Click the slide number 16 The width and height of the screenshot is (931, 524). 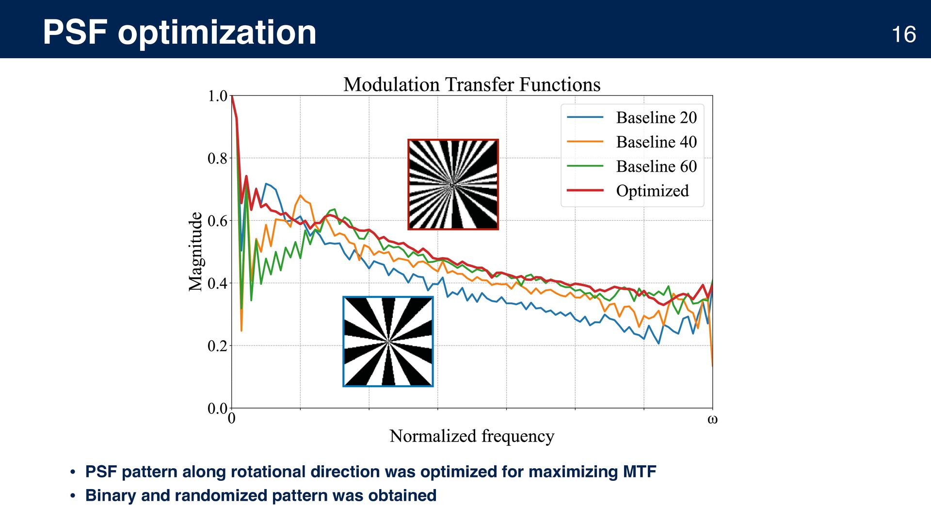pyautogui.click(x=903, y=34)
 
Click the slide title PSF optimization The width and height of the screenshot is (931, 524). pyautogui.click(x=179, y=33)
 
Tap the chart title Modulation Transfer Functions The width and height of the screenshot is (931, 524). pyautogui.click(x=472, y=84)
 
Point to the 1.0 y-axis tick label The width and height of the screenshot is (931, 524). pyautogui.click(x=217, y=96)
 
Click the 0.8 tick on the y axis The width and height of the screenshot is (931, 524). pyautogui.click(x=217, y=159)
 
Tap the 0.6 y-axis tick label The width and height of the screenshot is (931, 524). pyautogui.click(x=217, y=221)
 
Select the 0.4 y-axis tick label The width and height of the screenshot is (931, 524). pyautogui.click(x=217, y=283)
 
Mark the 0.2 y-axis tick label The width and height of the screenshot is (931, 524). pyautogui.click(x=217, y=346)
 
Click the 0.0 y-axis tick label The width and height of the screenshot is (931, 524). pyautogui.click(x=217, y=409)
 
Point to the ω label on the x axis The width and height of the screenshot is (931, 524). pyautogui.click(x=712, y=419)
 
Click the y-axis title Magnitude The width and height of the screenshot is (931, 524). pyautogui.click(x=195, y=251)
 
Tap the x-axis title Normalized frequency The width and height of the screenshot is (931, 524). pyautogui.click(x=472, y=436)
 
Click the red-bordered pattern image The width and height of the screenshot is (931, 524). pyautogui.click(x=453, y=184)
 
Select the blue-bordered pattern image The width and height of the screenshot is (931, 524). pyautogui.click(x=388, y=342)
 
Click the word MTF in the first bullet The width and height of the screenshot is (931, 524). pyautogui.click(x=640, y=472)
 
